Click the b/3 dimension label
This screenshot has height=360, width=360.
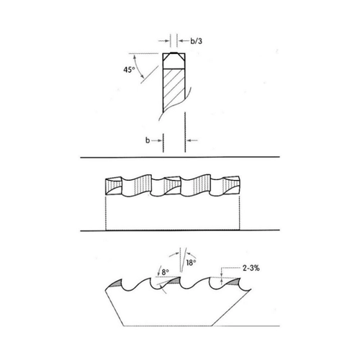click(196, 41)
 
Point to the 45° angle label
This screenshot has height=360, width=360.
click(129, 70)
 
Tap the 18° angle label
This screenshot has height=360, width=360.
click(191, 263)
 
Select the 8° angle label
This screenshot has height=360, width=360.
click(165, 272)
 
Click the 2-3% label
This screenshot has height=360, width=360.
click(251, 268)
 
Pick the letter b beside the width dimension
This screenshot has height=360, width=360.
click(148, 140)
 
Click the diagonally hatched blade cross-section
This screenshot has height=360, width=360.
click(174, 90)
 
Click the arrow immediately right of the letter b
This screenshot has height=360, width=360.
click(157, 140)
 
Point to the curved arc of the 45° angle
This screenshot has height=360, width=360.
click(138, 66)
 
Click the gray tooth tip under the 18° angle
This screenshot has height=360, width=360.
click(174, 280)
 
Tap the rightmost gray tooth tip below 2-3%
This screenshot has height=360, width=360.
click(234, 282)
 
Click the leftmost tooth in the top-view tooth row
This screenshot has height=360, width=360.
click(112, 186)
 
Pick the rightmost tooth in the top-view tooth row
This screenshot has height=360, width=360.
click(231, 186)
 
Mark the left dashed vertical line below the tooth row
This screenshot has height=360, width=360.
click(106, 212)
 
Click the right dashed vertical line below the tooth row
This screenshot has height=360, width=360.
click(240, 212)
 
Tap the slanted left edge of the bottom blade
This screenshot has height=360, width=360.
click(114, 308)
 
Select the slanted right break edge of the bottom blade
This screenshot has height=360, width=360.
click(231, 307)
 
